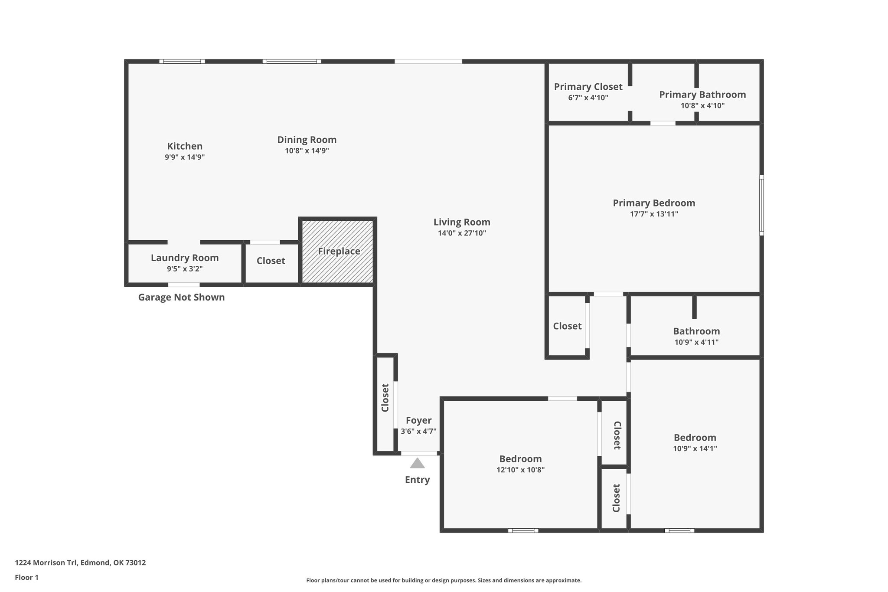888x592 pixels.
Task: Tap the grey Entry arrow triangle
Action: [x=417, y=463]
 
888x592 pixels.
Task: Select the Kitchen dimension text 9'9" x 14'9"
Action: [x=185, y=157]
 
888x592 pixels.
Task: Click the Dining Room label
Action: [x=307, y=140]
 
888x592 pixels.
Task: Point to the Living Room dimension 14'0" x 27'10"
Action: [x=462, y=233]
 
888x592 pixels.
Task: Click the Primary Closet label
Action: [x=588, y=87]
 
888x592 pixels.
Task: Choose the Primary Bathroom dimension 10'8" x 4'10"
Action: [x=702, y=105]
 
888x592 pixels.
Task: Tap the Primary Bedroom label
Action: [x=654, y=203]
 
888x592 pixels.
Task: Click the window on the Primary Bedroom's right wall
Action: [x=761, y=205]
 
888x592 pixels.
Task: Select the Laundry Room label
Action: [x=185, y=258]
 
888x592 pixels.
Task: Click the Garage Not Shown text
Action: [x=181, y=298]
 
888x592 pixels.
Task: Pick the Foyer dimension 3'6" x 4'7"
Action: [x=418, y=432]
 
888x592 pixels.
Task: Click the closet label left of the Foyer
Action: [x=385, y=398]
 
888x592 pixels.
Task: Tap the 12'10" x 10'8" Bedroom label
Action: [x=520, y=459]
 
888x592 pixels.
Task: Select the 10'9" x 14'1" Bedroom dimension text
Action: [x=695, y=449]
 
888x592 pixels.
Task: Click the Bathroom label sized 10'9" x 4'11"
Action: [x=696, y=331]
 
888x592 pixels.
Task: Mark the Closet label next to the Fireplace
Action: [x=271, y=261]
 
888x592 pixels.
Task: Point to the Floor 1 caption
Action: [x=26, y=578]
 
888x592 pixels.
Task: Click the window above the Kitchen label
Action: [x=182, y=62]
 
